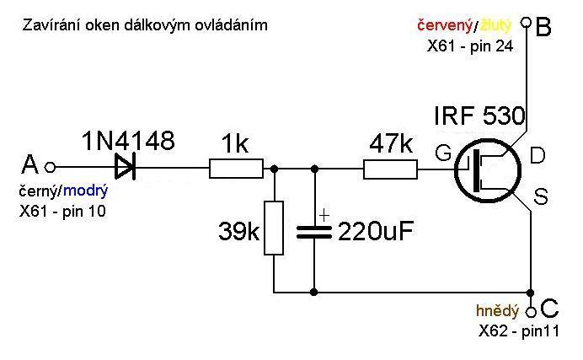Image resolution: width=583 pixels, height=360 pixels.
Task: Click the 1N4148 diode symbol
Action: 126,166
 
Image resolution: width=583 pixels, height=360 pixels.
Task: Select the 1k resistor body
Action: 236,169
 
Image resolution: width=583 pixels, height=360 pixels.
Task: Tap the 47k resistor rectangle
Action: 390,169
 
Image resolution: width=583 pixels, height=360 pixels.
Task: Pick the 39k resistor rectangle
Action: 273,228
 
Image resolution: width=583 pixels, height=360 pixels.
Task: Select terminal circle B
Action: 526,24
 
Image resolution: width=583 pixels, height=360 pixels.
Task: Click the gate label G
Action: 443,153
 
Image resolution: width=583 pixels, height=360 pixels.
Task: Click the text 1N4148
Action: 128,140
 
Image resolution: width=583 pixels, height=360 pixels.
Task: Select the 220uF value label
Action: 376,230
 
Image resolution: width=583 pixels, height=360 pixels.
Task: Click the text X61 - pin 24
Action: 470,46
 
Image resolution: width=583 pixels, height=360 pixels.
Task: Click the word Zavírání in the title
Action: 47,25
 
